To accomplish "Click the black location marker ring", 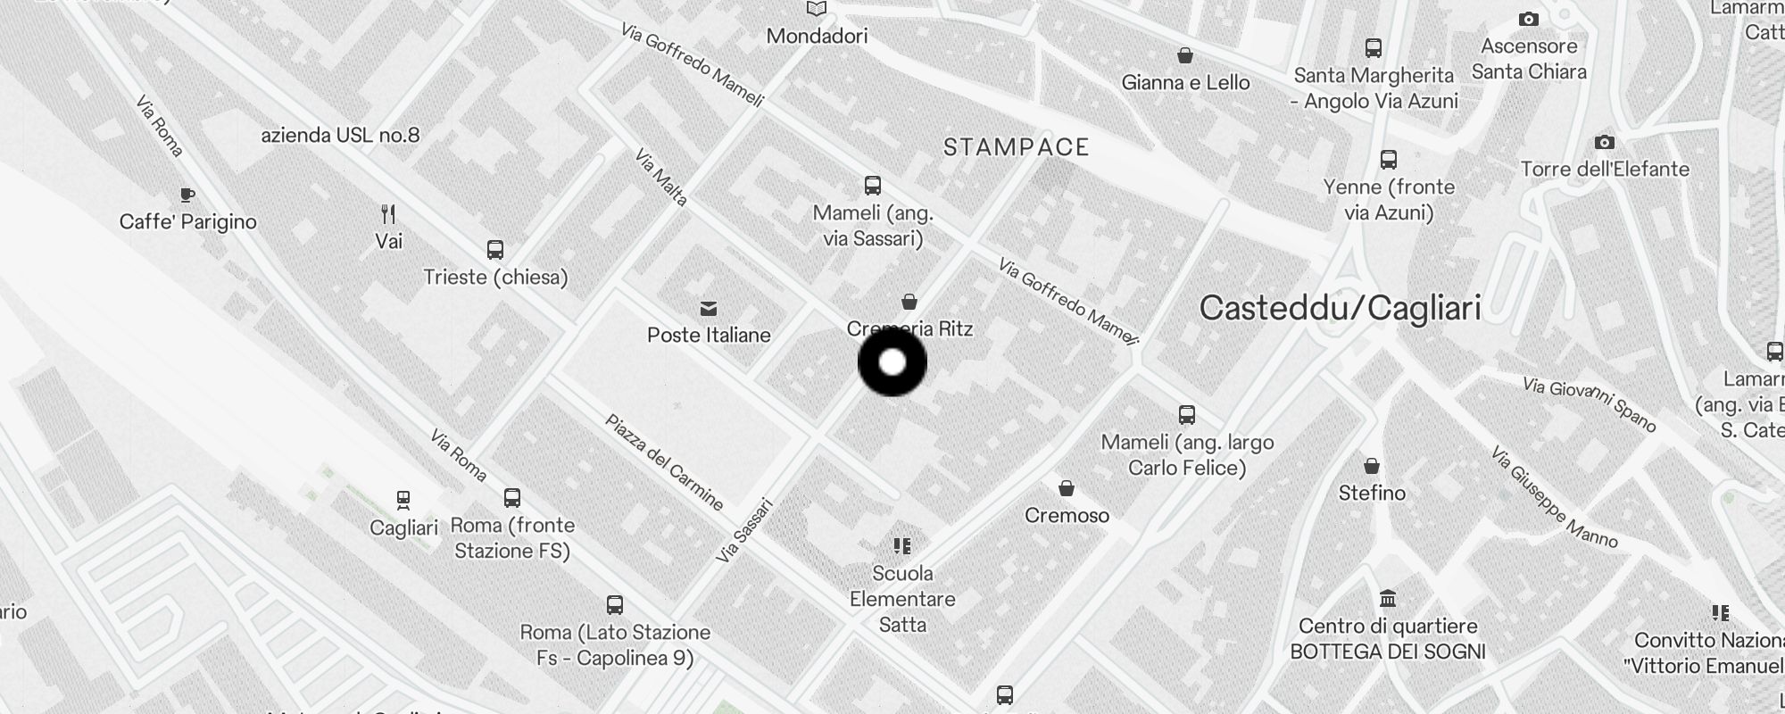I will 892,362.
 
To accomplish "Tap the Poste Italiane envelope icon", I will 709,309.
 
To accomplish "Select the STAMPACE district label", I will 1017,147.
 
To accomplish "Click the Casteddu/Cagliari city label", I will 1340,308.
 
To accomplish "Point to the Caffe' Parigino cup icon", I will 187,195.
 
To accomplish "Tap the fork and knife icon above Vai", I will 388,214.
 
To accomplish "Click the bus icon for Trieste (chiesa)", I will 495,250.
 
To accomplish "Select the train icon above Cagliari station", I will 403,500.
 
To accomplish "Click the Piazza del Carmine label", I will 664,462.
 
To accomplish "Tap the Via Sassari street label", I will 744,530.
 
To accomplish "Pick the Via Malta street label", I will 661,178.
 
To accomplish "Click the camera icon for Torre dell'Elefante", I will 1605,143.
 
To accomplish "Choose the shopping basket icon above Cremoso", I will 1067,488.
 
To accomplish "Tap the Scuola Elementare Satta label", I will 902,599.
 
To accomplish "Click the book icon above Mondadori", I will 817,9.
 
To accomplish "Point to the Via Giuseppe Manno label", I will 1553,497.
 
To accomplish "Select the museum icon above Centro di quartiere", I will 1388,598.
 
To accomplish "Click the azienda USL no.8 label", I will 340,136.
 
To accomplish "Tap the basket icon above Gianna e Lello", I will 1185,56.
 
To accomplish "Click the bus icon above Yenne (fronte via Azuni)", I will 1389,160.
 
